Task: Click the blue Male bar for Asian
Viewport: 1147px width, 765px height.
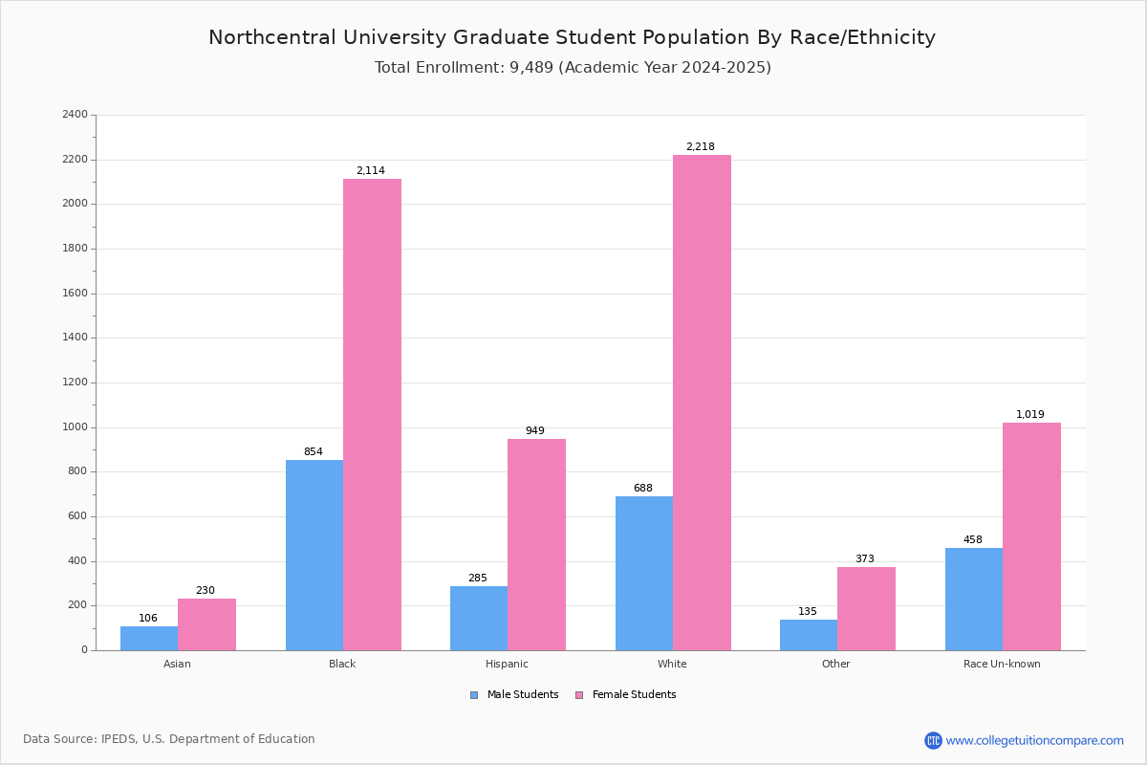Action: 149,639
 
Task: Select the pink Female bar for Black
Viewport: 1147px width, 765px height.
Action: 372,414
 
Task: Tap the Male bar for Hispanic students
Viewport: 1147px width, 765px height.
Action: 479,619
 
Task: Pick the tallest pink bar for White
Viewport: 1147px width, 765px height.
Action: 702,403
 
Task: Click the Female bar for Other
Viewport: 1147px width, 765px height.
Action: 866,609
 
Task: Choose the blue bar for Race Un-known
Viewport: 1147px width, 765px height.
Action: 974,600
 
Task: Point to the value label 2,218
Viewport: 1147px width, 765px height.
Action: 701,146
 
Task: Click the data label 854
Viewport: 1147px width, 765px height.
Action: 314,451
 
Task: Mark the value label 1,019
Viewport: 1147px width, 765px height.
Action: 1030,414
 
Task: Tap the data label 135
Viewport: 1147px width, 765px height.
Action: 808,611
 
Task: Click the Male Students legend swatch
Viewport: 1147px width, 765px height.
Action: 474,695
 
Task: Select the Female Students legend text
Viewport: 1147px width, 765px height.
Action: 634,694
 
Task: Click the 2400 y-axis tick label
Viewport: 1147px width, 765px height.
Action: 75,114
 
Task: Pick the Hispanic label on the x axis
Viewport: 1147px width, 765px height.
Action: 507,664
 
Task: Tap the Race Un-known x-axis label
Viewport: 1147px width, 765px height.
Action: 1002,664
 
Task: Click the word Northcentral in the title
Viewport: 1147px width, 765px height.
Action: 272,37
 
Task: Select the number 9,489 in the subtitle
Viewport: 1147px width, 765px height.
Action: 531,67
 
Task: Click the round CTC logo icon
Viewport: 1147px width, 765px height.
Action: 933,740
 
